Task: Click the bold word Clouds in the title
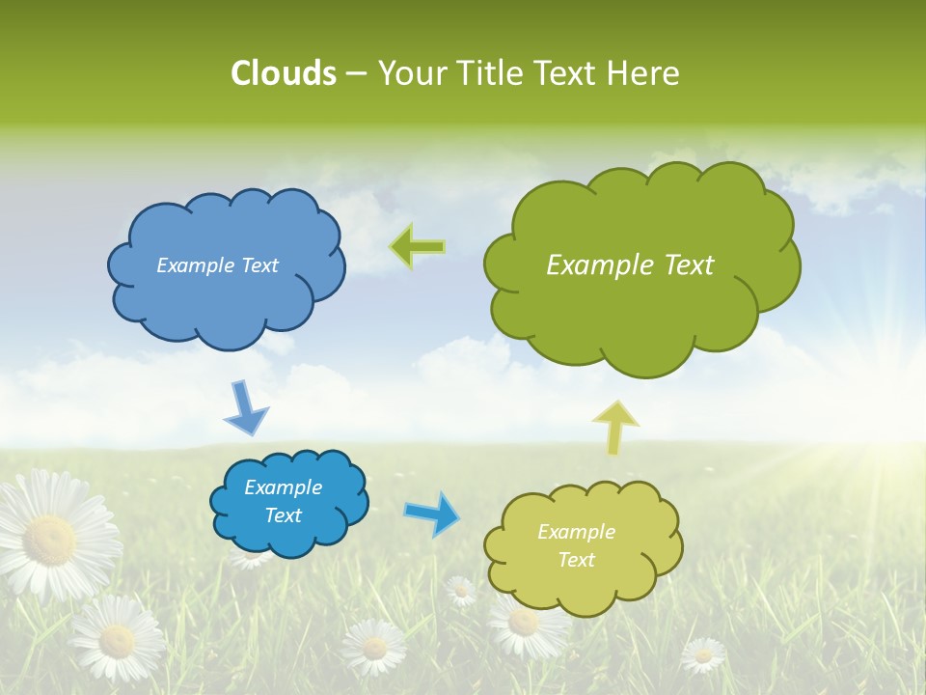pos(283,73)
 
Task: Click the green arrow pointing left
pos(417,247)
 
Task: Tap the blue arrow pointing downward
pos(246,407)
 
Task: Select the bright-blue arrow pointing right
pos(433,513)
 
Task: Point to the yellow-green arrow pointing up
pos(615,427)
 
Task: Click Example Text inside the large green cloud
pos(630,265)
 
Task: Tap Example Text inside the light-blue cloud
pos(217,265)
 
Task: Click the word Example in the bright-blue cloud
pos(283,487)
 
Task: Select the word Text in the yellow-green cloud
pos(576,560)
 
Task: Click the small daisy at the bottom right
pos(703,655)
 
